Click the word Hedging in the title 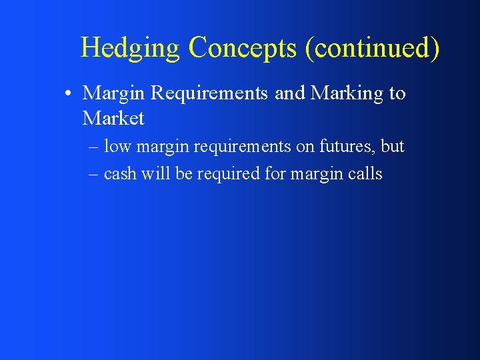coord(130,48)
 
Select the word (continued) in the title coord(373,48)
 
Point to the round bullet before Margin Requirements coord(69,94)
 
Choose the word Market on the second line coord(113,119)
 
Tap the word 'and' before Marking coord(289,93)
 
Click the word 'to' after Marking coord(397,93)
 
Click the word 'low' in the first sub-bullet coord(118,146)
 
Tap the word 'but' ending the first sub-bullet coord(393,146)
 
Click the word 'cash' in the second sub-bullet coord(120,174)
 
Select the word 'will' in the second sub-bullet coord(153,174)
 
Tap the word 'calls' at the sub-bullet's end coord(365,174)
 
